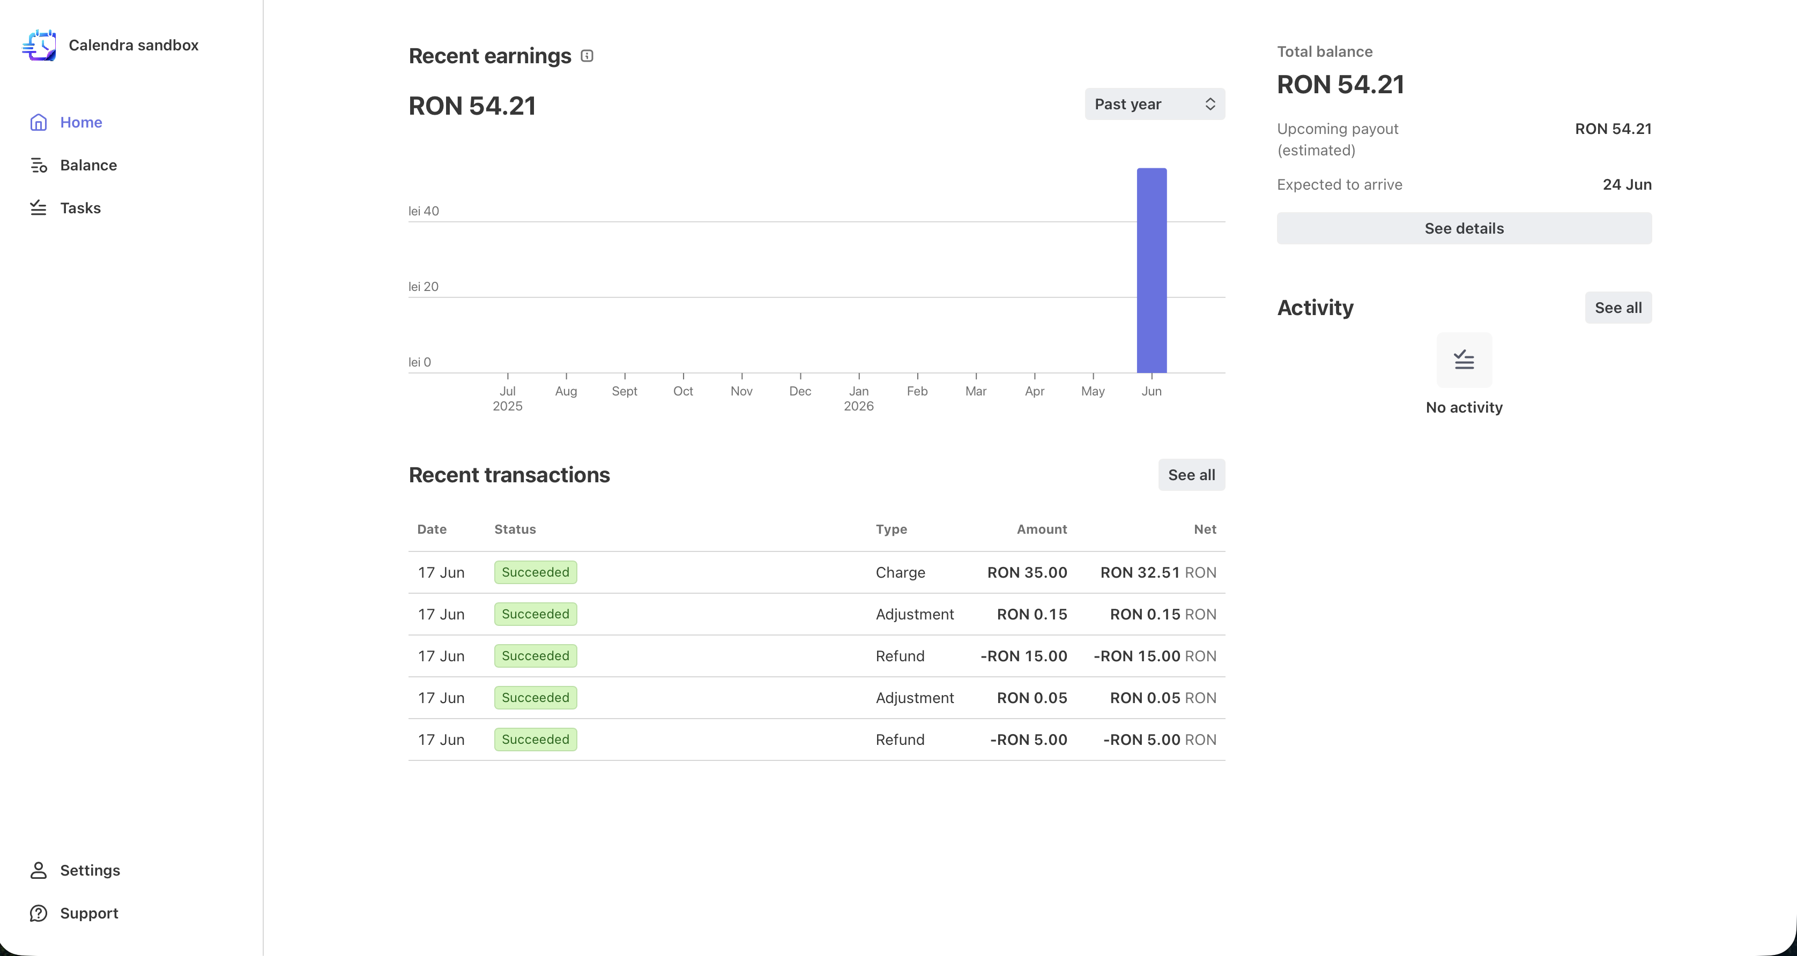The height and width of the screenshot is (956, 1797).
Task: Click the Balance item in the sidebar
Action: pos(73,165)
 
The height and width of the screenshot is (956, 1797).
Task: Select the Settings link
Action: pos(75,870)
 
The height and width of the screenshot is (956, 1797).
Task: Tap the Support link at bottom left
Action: pos(74,914)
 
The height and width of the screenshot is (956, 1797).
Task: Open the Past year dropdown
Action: pos(1155,104)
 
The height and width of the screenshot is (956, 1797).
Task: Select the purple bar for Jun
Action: pos(1152,271)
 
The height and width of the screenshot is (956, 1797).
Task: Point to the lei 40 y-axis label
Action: pos(424,211)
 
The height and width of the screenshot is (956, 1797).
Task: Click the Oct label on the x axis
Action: pos(683,391)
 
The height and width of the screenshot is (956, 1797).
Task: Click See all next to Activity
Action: pos(1618,308)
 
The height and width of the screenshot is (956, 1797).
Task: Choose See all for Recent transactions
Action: pos(1192,475)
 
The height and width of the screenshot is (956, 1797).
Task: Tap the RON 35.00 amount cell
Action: pos(1027,572)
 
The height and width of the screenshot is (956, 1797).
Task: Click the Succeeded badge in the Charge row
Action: pos(536,572)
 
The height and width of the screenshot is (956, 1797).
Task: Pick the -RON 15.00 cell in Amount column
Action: pos(1023,656)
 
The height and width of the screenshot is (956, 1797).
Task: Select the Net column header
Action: pos(1205,529)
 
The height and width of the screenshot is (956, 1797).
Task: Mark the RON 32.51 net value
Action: pos(1140,572)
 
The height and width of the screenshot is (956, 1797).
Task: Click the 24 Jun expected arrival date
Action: pos(1627,185)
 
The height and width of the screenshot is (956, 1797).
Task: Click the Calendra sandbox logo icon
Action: pos(40,46)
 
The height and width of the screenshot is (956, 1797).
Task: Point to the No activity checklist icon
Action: pos(1464,360)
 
